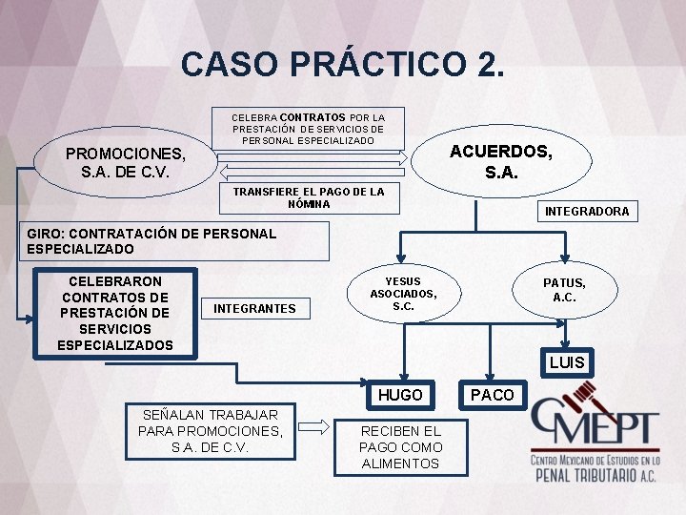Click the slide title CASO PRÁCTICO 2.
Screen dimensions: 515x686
(343, 64)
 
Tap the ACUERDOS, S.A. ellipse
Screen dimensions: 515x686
(501, 162)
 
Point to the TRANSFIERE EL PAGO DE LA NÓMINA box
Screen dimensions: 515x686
(309, 197)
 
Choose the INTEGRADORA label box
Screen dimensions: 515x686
(586, 211)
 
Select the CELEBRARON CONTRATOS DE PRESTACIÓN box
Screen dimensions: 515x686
(115, 313)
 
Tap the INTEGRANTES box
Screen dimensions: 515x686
(254, 308)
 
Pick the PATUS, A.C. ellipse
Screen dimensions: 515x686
(564, 290)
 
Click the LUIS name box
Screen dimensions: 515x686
(566, 362)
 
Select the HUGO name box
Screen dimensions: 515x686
(400, 395)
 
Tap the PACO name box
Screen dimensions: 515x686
(493, 395)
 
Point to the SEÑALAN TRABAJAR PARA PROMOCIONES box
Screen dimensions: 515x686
(211, 430)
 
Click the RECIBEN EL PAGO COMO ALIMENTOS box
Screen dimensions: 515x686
(400, 447)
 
